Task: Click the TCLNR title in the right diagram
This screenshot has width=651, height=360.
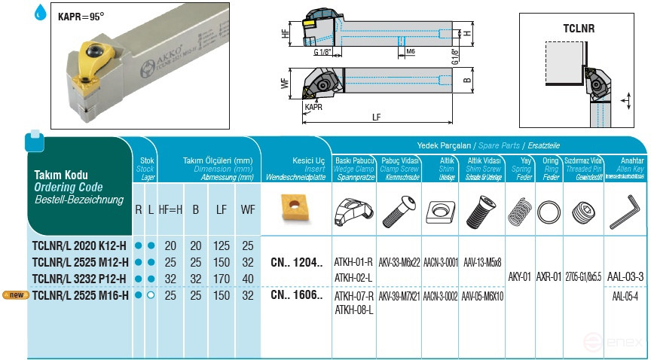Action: coord(579,29)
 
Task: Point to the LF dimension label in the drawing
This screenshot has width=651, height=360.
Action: coord(376,117)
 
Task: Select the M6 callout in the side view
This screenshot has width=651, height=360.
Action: coord(411,50)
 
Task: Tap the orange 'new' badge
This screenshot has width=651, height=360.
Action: coord(16,294)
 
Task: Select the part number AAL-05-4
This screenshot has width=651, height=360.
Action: coord(625,296)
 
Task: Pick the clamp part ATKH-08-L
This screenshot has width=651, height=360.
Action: coord(354,310)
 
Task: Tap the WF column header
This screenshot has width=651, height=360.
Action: coord(247,209)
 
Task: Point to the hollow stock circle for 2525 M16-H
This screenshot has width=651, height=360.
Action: coord(151,295)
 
